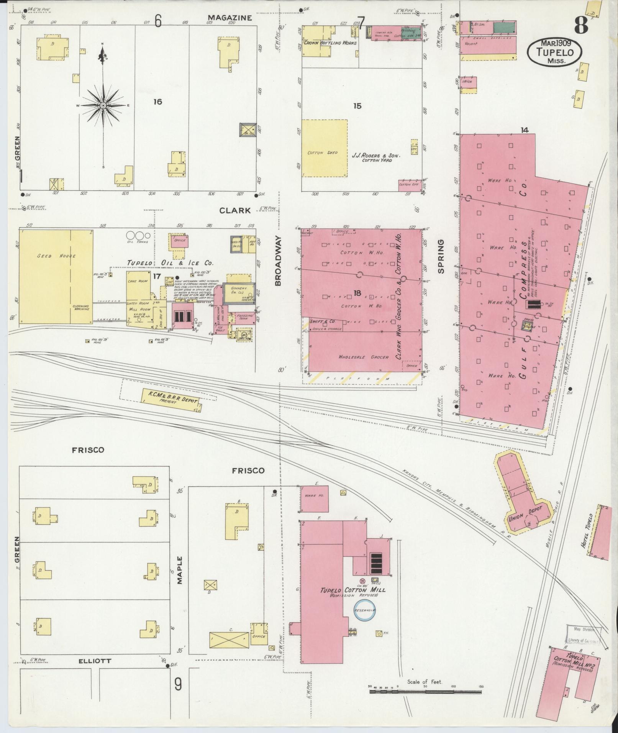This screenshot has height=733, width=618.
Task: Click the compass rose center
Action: click(x=103, y=105)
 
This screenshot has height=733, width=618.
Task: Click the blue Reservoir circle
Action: click(x=364, y=611)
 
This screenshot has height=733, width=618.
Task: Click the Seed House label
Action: click(x=56, y=256)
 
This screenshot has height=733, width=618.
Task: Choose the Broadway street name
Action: click(x=278, y=260)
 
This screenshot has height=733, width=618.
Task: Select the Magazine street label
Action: click(x=229, y=18)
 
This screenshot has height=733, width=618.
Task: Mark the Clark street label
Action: click(x=235, y=210)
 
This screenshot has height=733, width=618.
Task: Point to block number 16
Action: click(x=157, y=102)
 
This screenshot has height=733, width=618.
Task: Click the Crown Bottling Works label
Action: click(x=330, y=43)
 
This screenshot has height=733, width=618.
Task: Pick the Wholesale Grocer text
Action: click(x=363, y=357)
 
